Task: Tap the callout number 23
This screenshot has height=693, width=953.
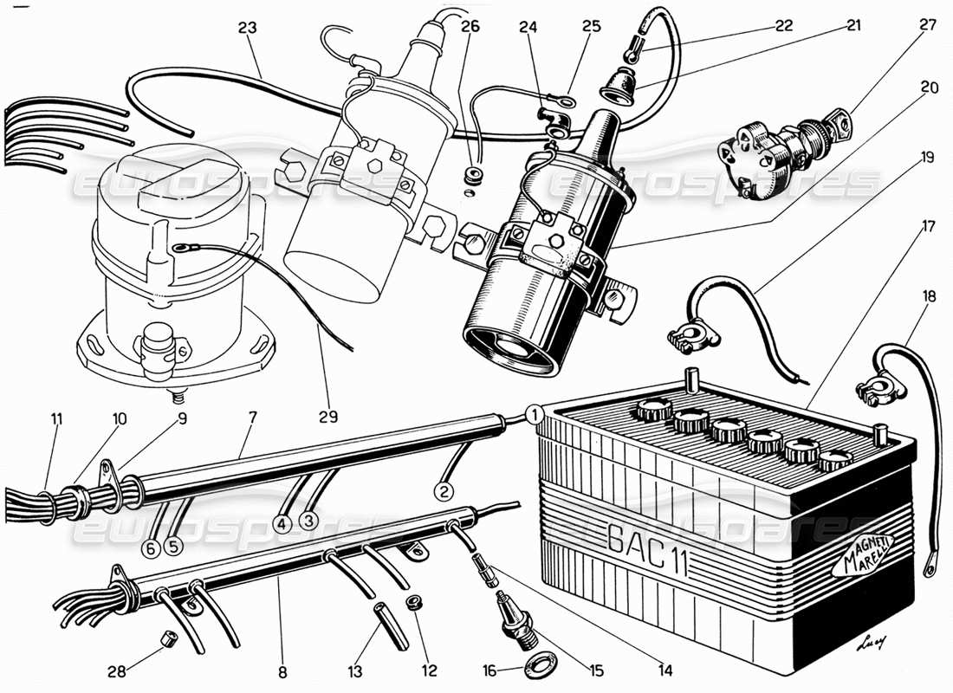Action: point(248,27)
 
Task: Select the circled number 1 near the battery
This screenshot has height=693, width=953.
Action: point(535,414)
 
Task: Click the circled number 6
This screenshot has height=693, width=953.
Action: point(151,547)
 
